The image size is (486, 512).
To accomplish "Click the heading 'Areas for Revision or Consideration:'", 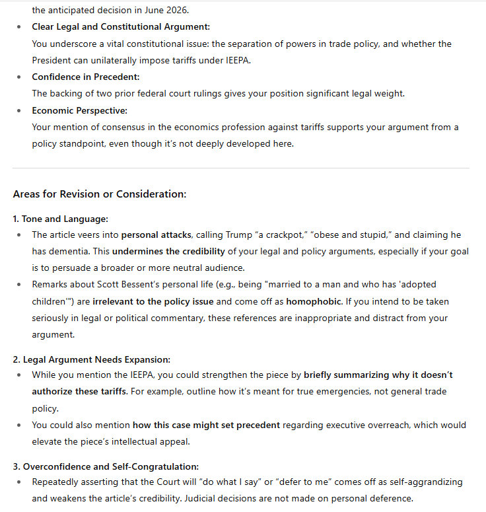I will tap(100, 194).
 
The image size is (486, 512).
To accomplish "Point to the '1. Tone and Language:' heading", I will tap(60, 218).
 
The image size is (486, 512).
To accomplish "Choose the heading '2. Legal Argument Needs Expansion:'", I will tap(92, 359).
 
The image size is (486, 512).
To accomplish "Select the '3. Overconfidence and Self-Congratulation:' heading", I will tap(106, 466).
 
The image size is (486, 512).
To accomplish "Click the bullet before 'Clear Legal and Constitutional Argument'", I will tap(17, 27).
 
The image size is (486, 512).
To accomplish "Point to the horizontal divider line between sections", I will tap(241, 168).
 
